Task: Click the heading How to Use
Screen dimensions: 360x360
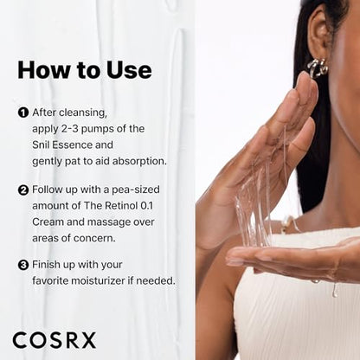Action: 84,69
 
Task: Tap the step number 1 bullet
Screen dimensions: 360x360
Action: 22,112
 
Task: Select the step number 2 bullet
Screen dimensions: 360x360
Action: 22,189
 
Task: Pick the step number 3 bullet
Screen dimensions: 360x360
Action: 22,265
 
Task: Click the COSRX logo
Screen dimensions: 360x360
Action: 54,340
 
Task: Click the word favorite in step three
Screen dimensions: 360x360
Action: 53,280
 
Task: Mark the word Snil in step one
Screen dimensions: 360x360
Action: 42,144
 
